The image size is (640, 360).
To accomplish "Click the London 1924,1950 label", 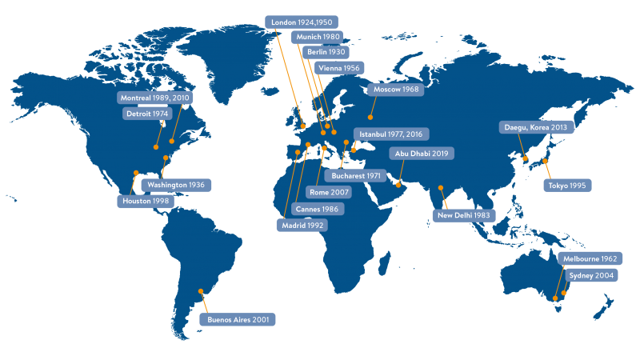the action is (x=302, y=22).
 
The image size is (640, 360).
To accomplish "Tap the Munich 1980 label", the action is (x=318, y=37).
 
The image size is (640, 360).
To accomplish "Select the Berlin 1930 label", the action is (x=326, y=52).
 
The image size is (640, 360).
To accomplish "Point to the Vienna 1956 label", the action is (x=338, y=68).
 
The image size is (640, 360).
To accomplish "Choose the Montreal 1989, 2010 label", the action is (x=155, y=98).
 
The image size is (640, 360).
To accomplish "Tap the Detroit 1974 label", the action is (x=148, y=114).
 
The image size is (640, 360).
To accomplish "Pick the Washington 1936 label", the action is (x=175, y=185).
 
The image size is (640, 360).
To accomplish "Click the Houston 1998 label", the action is (x=146, y=202).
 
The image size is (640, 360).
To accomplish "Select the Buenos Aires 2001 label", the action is (x=238, y=320).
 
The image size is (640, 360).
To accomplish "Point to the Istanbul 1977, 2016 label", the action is (x=391, y=134).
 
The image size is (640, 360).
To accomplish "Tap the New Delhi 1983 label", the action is (x=464, y=215).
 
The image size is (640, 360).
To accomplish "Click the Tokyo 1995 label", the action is (x=567, y=186).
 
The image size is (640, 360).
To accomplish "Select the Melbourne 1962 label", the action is (x=590, y=259).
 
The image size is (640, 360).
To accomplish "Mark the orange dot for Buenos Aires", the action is (x=201, y=291).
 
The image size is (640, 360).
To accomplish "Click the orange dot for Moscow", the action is (x=370, y=118).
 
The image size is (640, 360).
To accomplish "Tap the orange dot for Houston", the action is (x=136, y=173).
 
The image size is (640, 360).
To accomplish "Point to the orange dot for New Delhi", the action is (x=441, y=188).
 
